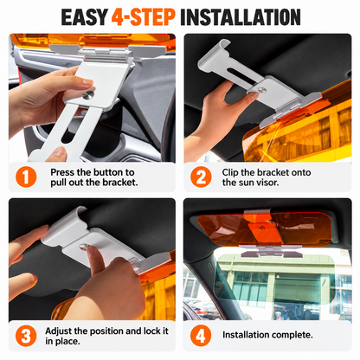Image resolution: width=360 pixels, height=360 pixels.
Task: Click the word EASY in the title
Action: pos(85,17)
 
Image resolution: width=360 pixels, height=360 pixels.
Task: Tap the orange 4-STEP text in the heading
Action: pos(144,17)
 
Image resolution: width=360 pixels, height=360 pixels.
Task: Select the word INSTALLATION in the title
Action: pos(241,17)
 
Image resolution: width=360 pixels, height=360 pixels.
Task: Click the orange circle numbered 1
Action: pos(26,177)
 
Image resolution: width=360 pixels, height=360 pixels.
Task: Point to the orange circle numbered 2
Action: pos(201,177)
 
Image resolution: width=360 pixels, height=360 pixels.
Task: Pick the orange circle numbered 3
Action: pos(26,336)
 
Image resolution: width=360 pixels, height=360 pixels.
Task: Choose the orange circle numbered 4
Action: pos(201,336)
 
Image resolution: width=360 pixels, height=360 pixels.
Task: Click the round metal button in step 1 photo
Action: pos(88,95)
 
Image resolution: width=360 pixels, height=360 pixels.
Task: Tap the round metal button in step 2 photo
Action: pos(262,90)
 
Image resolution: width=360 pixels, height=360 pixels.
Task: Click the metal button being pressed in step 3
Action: pos(84,247)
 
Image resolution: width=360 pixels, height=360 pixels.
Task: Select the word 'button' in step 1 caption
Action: pos(107,172)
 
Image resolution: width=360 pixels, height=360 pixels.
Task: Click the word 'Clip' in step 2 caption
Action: pos(230,172)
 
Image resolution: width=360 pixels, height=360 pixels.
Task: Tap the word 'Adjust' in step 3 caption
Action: pos(59,331)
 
